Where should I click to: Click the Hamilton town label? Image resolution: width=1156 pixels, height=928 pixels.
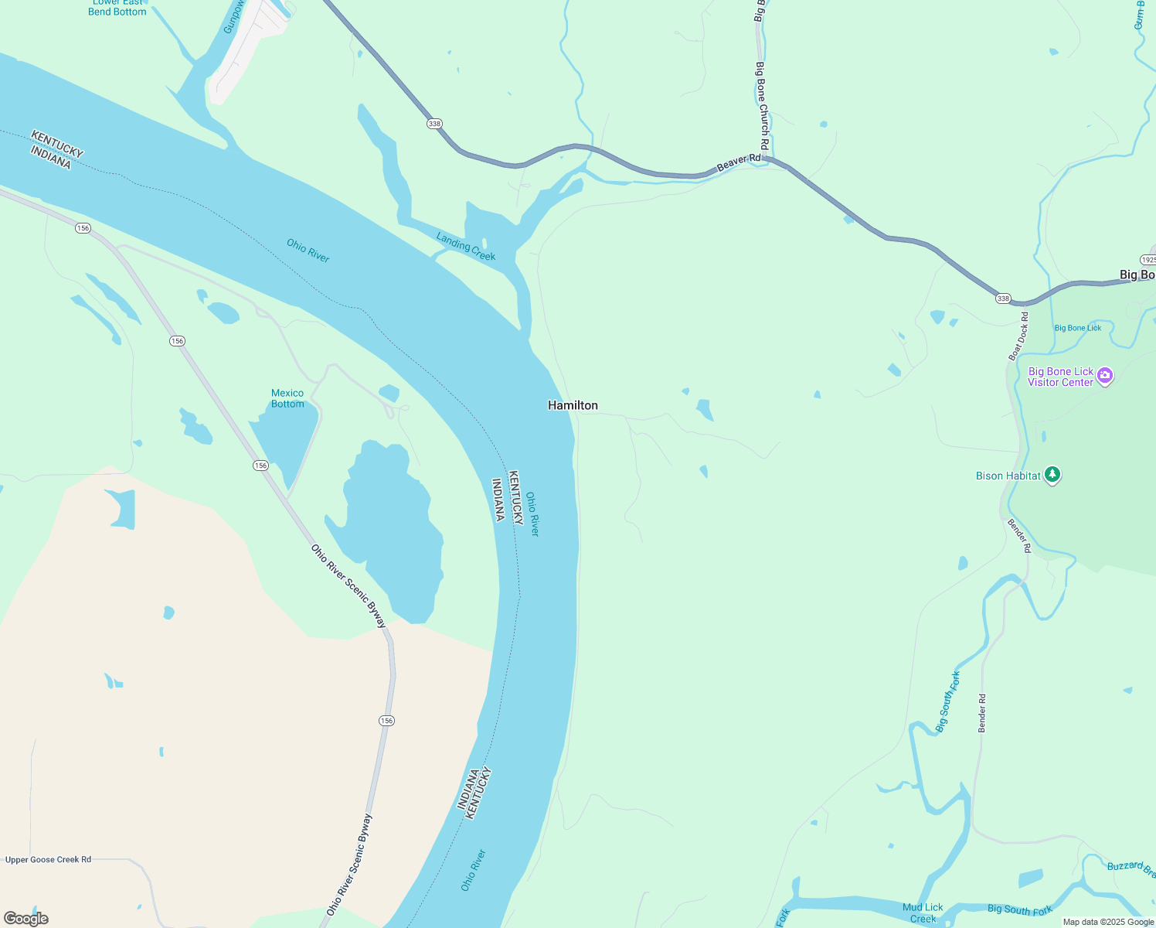coord(573,405)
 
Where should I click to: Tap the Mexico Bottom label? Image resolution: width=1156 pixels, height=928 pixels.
coord(287,398)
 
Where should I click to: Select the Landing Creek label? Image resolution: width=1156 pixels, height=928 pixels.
coord(465,247)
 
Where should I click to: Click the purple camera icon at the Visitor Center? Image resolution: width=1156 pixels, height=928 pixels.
coord(1105,376)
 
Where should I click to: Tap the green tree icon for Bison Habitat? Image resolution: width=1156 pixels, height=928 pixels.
coord(1052,475)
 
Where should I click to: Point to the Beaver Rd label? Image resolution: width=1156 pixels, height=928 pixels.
coord(739,162)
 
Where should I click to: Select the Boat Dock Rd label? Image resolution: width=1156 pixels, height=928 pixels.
coord(1018,336)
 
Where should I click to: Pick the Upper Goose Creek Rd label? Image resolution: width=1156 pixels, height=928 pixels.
coord(48,859)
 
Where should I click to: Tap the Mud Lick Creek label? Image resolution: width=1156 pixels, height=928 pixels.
coord(923,913)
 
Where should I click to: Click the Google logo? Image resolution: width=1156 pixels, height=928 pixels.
coord(25,919)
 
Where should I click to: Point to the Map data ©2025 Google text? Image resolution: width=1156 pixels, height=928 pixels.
coord(1108,922)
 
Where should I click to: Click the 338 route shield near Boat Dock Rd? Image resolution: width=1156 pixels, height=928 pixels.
coord(1002,299)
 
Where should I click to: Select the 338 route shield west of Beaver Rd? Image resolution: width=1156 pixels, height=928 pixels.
coord(434,124)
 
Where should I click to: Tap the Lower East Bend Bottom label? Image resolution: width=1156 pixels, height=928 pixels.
coord(117,7)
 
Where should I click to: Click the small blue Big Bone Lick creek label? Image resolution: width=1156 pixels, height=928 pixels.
coord(1078,328)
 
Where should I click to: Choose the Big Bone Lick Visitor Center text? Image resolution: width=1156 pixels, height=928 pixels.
coord(1060,377)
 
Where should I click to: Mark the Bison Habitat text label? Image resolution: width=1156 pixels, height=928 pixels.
coord(1008,476)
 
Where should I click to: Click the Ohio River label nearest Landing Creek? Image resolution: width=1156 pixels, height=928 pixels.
coord(308,251)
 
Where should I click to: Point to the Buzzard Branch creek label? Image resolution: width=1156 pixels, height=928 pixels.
coord(1130,868)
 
